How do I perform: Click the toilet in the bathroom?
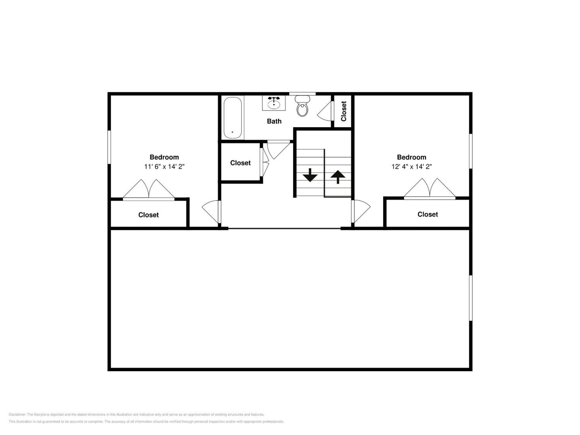[x=302, y=106]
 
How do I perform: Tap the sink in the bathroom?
[x=274, y=103]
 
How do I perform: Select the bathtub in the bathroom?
[x=233, y=118]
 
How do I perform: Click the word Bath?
[x=274, y=121]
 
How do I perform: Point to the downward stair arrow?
[x=310, y=175]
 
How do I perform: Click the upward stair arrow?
[x=338, y=177]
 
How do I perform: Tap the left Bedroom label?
[x=164, y=157]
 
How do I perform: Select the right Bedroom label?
[x=411, y=157]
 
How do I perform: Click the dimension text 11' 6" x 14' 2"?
[x=164, y=167]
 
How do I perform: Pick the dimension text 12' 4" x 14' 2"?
[x=411, y=167]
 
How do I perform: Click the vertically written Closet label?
[x=344, y=111]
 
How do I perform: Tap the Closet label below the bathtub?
[x=240, y=163]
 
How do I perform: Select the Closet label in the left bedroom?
[x=148, y=215]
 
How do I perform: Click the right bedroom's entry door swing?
[x=361, y=211]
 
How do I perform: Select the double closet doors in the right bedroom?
[x=430, y=189]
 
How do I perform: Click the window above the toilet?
[x=302, y=94]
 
